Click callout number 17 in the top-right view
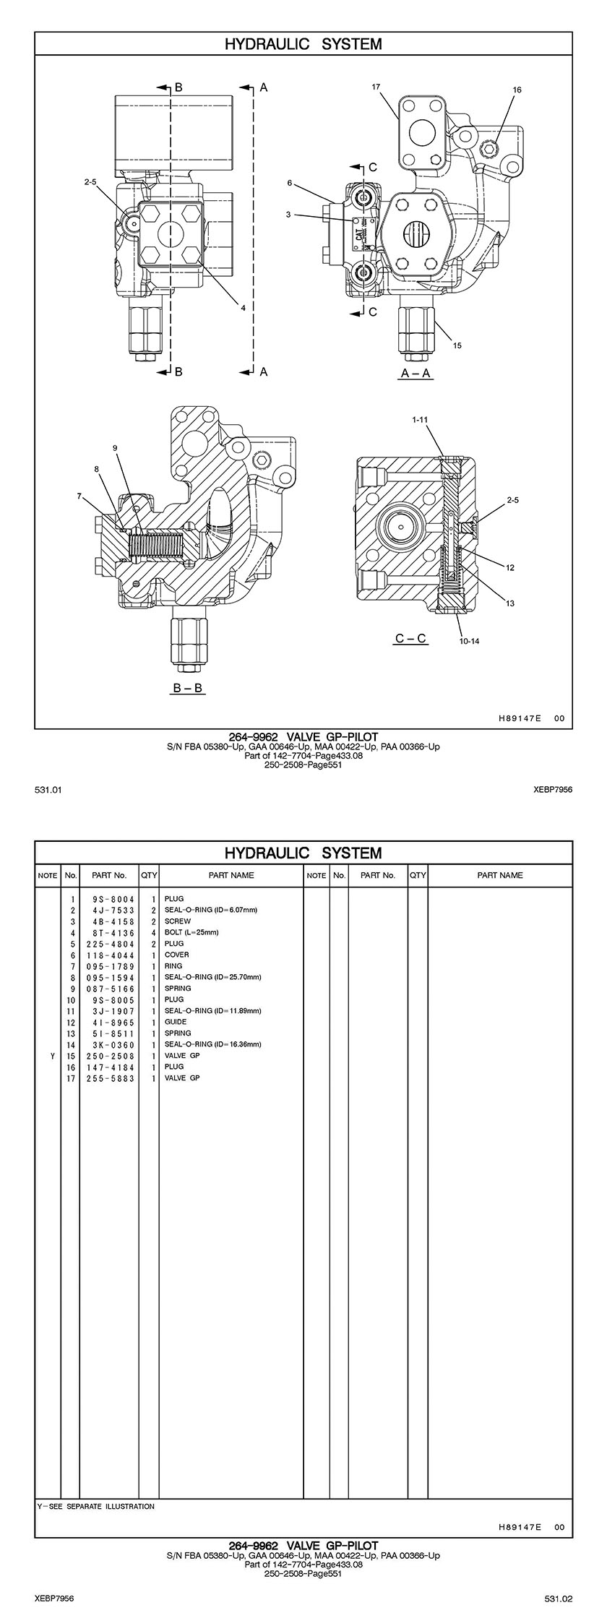[376, 87]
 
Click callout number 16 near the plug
[517, 90]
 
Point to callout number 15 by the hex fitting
[457, 345]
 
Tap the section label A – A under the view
[416, 373]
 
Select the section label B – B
[188, 689]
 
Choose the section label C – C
[410, 639]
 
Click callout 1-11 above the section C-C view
[421, 419]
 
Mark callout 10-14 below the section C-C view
[470, 641]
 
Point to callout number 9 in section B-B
[115, 448]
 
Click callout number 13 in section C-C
[510, 603]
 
